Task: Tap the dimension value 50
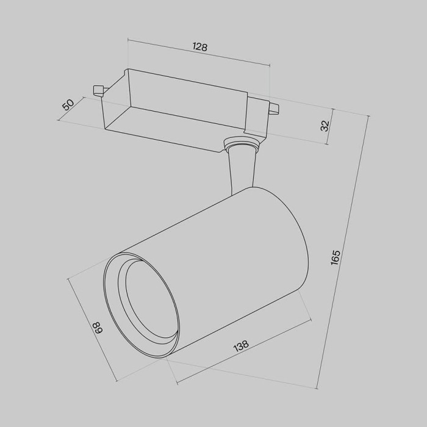[68, 104]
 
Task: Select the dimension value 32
[325, 126]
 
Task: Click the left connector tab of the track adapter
[98, 90]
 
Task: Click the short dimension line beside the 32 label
[332, 126]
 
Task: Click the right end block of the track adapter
[256, 116]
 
